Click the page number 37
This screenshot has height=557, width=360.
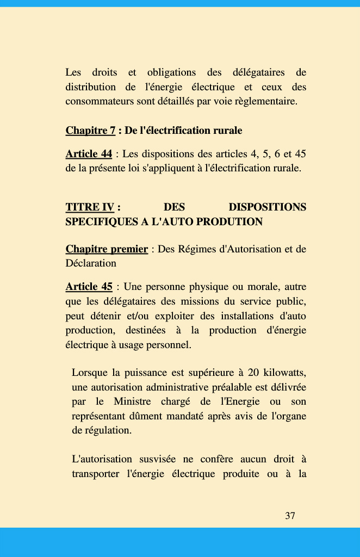tap(290, 516)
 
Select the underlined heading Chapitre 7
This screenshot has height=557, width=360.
tap(90, 131)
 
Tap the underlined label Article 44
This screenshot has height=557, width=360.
tap(89, 154)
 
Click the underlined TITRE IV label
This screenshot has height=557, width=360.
tap(90, 207)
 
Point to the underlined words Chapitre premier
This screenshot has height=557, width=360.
tap(107, 249)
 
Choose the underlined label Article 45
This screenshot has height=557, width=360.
tap(89, 287)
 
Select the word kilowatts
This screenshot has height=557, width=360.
tap(284, 373)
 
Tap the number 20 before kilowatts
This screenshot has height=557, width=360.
tap(253, 373)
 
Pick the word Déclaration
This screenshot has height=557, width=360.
tap(91, 263)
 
